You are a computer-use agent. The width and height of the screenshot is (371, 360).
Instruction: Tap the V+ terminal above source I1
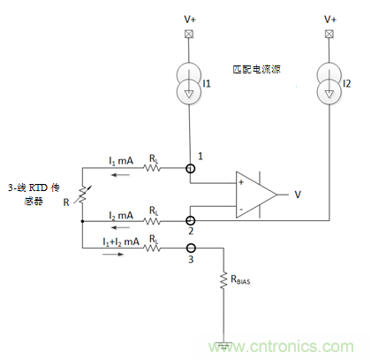click(x=189, y=34)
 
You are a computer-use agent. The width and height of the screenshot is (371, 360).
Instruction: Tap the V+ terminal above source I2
click(x=329, y=34)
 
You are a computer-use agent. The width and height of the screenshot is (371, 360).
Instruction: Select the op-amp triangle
click(x=255, y=194)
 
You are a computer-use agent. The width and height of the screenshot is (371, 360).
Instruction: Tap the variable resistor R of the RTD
click(x=81, y=192)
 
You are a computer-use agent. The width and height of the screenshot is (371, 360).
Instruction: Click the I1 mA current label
click(x=122, y=159)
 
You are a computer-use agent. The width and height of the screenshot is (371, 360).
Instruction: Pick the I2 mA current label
click(x=122, y=212)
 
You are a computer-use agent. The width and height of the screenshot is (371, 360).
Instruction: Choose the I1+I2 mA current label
click(x=121, y=241)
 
